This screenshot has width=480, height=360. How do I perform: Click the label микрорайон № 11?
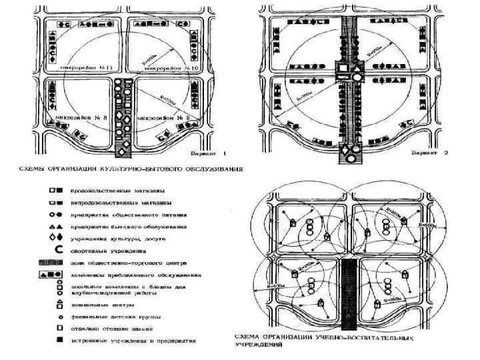pos(81,69)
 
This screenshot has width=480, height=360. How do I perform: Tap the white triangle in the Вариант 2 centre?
pos(357,69)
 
